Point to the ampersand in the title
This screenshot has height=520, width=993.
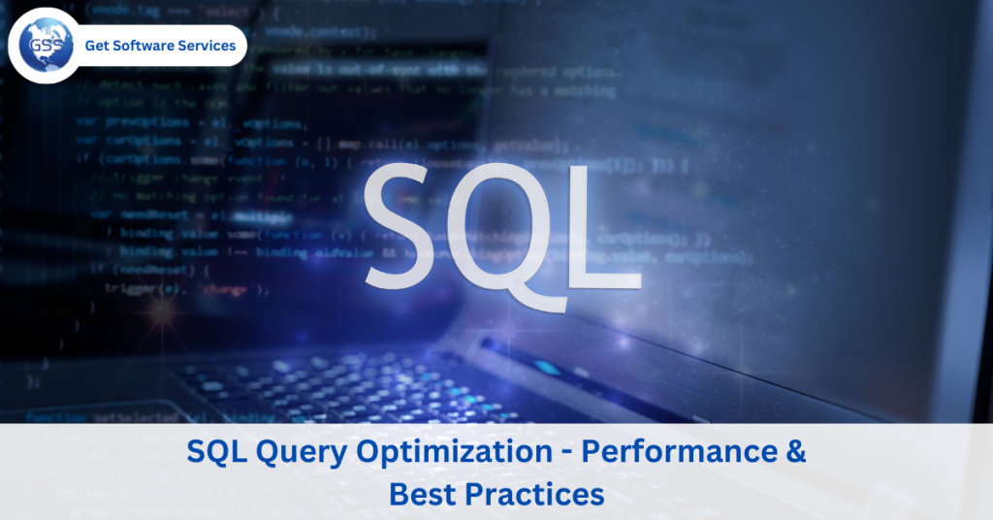[x=794, y=452]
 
